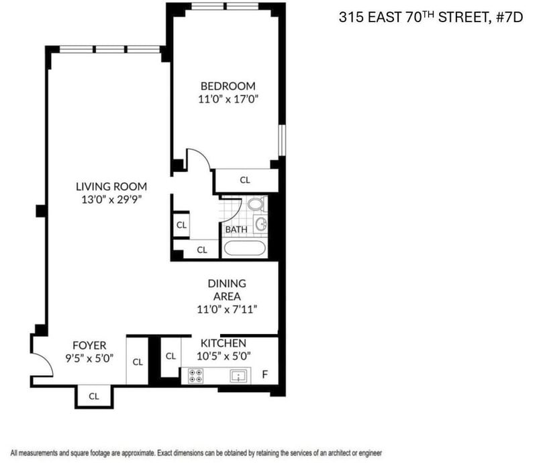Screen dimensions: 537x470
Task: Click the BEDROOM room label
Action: (x=228, y=86)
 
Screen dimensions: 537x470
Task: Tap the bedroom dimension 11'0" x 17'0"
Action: (x=228, y=99)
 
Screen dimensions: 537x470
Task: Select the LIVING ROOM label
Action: (x=111, y=187)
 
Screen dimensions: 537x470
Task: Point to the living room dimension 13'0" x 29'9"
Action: (x=111, y=200)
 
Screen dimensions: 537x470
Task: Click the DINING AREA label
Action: (x=227, y=290)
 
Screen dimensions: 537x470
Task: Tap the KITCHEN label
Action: (x=224, y=343)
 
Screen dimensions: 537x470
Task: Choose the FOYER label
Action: (x=89, y=345)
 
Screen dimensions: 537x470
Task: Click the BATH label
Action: (x=236, y=229)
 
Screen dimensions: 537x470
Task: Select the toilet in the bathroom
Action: (x=256, y=204)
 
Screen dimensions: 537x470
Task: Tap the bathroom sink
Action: (x=261, y=225)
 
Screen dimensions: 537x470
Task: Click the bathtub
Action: (x=244, y=247)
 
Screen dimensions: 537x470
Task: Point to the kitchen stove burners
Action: (x=195, y=376)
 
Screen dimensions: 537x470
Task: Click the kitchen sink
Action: (x=238, y=377)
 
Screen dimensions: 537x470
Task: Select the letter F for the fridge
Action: (x=264, y=375)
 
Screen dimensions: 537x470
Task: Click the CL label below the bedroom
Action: (x=245, y=180)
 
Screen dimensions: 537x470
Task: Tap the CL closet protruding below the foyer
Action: (x=94, y=397)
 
